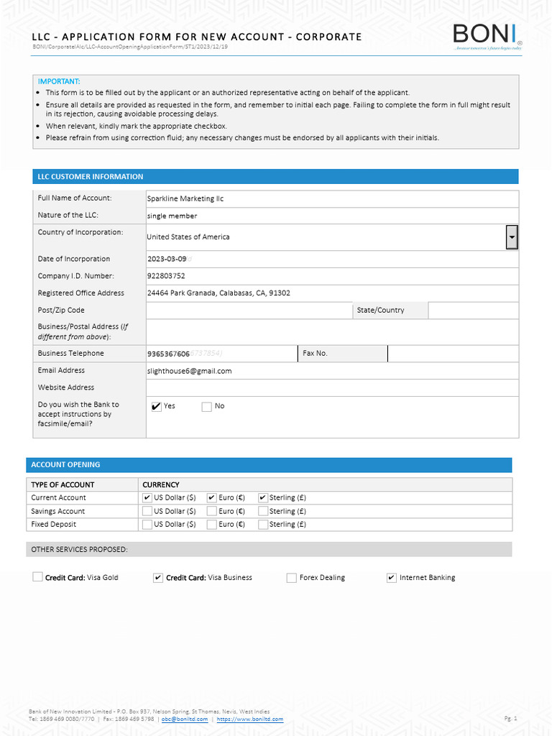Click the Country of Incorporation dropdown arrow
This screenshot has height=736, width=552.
pyautogui.click(x=512, y=236)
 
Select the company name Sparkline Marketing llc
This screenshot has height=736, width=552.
pyautogui.click(x=185, y=198)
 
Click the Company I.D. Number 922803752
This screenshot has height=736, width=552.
pyautogui.click(x=166, y=276)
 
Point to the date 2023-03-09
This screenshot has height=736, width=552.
pyautogui.click(x=167, y=259)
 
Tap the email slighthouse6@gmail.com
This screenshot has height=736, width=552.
pyautogui.click(x=190, y=371)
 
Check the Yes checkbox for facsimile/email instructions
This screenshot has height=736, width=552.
pyautogui.click(x=157, y=407)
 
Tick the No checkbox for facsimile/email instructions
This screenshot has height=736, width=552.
pyautogui.click(x=207, y=407)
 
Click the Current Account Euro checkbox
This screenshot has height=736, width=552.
pyautogui.click(x=212, y=497)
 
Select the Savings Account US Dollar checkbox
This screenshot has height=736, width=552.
pyautogui.click(x=147, y=511)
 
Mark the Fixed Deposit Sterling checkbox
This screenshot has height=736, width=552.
pyautogui.click(x=263, y=525)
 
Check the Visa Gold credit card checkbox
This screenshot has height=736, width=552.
pyautogui.click(x=38, y=577)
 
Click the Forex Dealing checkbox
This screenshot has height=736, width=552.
pyautogui.click(x=292, y=578)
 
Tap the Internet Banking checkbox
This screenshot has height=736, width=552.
pyautogui.click(x=392, y=578)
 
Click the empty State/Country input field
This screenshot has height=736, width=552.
pyautogui.click(x=472, y=310)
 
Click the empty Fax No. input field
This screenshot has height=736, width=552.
pyautogui.click(x=453, y=354)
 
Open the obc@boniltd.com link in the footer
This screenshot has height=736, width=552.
pyautogui.click(x=185, y=719)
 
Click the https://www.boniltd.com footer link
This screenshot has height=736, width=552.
pyautogui.click(x=250, y=719)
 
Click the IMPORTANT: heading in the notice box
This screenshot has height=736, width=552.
pyautogui.click(x=59, y=82)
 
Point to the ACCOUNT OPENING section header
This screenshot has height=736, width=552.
pyautogui.click(x=65, y=465)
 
